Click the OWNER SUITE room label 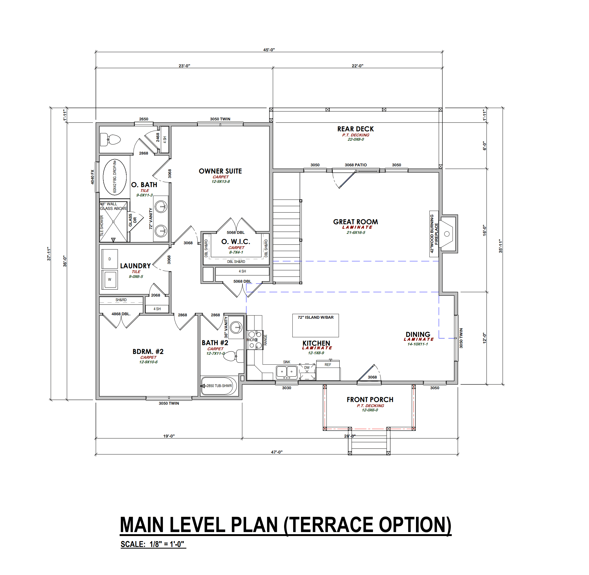click(220, 171)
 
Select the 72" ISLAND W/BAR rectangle click(316, 326)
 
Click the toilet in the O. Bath click(111, 140)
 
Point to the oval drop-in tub click(115, 177)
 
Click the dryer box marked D click(110, 259)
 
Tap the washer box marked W click(110, 280)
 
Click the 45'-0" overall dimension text click(269, 50)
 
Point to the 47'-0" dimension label click(277, 452)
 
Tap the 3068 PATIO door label click(356, 165)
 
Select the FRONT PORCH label click(370, 400)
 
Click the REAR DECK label click(356, 129)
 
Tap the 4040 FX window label click(92, 177)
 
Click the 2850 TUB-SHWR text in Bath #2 click(219, 386)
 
